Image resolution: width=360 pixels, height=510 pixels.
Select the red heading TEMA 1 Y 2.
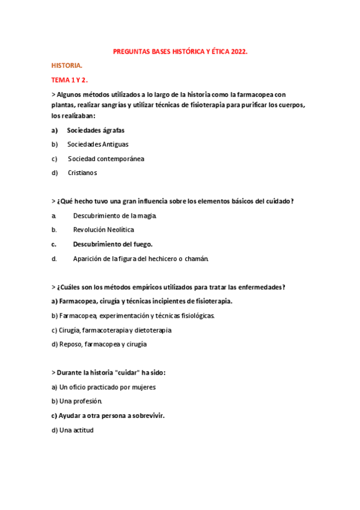[x=70, y=79]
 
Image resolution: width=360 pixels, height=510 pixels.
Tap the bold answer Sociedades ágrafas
[x=96, y=130]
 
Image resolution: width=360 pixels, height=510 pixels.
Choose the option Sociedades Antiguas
[x=97, y=144]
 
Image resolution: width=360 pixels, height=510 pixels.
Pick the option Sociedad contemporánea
[x=106, y=159]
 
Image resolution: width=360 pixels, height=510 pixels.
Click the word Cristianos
[x=82, y=173]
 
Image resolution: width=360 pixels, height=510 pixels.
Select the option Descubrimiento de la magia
[x=115, y=215]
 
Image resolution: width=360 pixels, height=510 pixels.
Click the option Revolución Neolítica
[x=103, y=230]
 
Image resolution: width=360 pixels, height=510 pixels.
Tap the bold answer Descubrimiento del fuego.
[x=113, y=244]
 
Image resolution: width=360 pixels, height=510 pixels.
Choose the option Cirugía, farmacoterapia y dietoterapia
[x=111, y=330]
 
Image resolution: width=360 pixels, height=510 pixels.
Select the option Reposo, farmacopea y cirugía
[x=99, y=345]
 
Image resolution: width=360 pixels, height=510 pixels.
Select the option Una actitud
[x=72, y=430]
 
